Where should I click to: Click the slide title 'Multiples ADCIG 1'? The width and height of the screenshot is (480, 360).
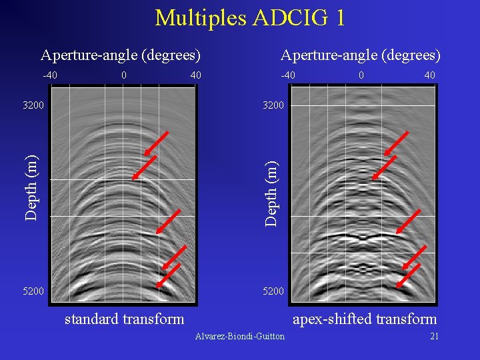(x=250, y=18)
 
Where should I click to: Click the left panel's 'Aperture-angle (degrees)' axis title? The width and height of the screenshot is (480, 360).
(x=121, y=55)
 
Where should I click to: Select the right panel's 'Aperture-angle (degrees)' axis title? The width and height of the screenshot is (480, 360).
(x=361, y=55)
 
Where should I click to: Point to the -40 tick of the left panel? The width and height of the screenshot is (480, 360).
(x=50, y=75)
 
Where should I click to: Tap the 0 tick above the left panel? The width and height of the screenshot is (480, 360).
(x=124, y=75)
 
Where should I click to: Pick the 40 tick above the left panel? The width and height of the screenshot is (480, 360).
(x=195, y=75)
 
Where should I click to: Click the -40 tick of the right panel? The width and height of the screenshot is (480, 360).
(x=288, y=75)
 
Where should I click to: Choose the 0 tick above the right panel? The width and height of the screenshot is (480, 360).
(x=361, y=75)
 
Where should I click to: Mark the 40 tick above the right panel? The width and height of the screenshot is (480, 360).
(x=429, y=75)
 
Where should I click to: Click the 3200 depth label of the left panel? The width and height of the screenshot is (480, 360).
(x=33, y=105)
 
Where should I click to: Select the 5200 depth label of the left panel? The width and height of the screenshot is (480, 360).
(x=33, y=291)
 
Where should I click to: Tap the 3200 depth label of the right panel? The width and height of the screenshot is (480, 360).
(x=273, y=105)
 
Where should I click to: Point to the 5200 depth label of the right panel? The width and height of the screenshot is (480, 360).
(x=273, y=291)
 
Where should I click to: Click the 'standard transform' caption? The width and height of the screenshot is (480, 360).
(x=124, y=319)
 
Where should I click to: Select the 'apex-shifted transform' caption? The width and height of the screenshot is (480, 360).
(x=365, y=319)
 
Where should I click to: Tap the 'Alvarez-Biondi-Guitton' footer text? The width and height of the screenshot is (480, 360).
(x=240, y=336)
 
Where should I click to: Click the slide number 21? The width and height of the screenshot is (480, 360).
(x=434, y=336)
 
